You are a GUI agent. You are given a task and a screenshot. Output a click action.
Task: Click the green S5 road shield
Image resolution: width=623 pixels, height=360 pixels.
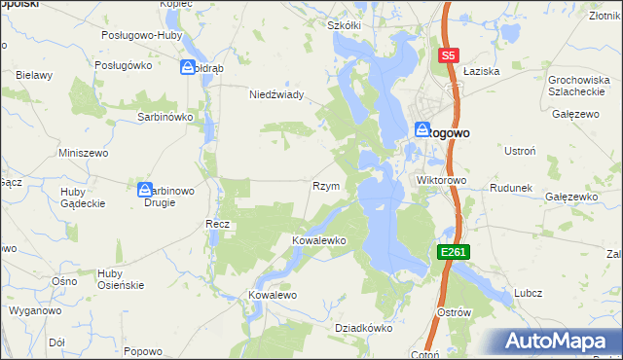coord(448,56)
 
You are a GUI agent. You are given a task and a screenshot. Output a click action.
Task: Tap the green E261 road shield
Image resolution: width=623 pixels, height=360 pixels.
coord(455,252)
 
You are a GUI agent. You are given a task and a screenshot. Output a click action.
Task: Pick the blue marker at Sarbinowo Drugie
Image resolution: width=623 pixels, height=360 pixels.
coord(145,190)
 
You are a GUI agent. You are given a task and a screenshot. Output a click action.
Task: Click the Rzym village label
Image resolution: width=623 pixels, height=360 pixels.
coord(325,186)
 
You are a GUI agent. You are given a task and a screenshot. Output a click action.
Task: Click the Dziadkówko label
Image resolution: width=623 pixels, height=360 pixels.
coord(362,328)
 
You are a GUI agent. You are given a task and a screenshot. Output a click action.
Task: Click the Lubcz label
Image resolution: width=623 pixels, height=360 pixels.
coord(529,293)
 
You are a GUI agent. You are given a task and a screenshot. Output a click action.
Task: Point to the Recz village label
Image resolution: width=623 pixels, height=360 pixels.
coord(217,224)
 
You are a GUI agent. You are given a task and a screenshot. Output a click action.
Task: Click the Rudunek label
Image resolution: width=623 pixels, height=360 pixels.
coord(509,188)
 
